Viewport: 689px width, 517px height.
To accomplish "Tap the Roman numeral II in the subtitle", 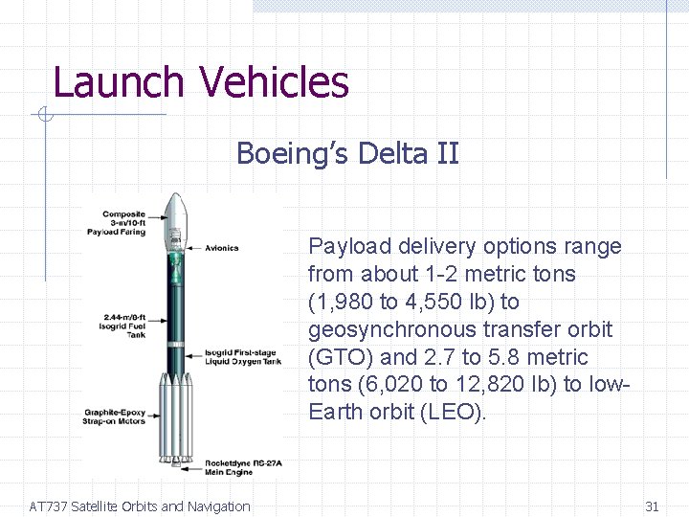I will (447, 153).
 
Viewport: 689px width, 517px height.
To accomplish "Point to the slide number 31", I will (652, 506).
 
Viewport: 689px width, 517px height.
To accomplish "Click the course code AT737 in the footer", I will (48, 506).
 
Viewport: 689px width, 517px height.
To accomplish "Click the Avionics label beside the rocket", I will (221, 248).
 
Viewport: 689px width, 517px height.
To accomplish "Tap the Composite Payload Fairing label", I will (124, 223).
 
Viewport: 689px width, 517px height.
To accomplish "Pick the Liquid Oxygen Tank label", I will (243, 358).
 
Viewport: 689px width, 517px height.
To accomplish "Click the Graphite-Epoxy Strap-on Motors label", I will (115, 416).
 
